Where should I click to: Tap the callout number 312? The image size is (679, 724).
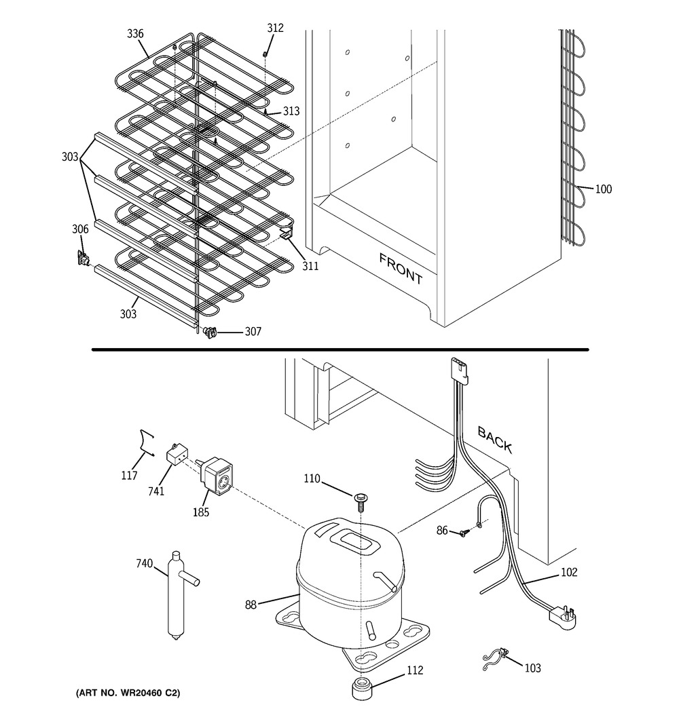(275, 28)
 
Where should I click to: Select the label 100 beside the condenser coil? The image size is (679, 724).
(603, 189)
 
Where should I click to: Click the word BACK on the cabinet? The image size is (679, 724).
(495, 439)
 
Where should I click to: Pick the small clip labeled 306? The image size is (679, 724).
(84, 258)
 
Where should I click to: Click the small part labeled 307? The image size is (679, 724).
(209, 332)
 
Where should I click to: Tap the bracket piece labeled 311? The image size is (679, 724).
(288, 234)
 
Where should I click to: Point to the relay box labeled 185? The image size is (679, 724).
(218, 477)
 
